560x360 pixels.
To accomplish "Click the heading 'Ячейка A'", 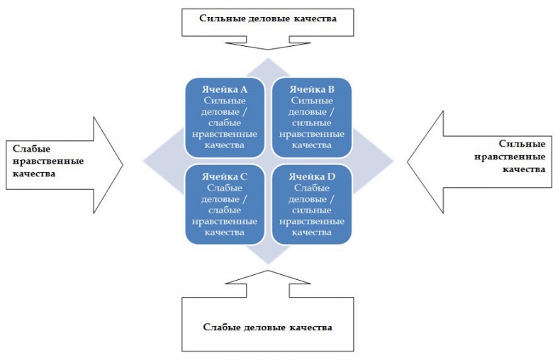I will tap(223, 89).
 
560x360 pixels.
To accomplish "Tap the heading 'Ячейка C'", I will tap(223, 176).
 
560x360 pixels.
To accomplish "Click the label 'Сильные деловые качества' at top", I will tap(268, 19).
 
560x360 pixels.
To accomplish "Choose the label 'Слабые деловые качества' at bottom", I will tap(267, 327).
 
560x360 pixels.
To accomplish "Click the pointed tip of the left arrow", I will tap(123, 164).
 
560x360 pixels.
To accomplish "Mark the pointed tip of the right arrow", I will tap(408, 163).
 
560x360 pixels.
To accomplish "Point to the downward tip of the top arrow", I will tap(268, 50).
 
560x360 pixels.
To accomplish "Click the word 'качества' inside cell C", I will tap(223, 232).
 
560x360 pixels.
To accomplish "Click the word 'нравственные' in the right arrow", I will tap(521, 157).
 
